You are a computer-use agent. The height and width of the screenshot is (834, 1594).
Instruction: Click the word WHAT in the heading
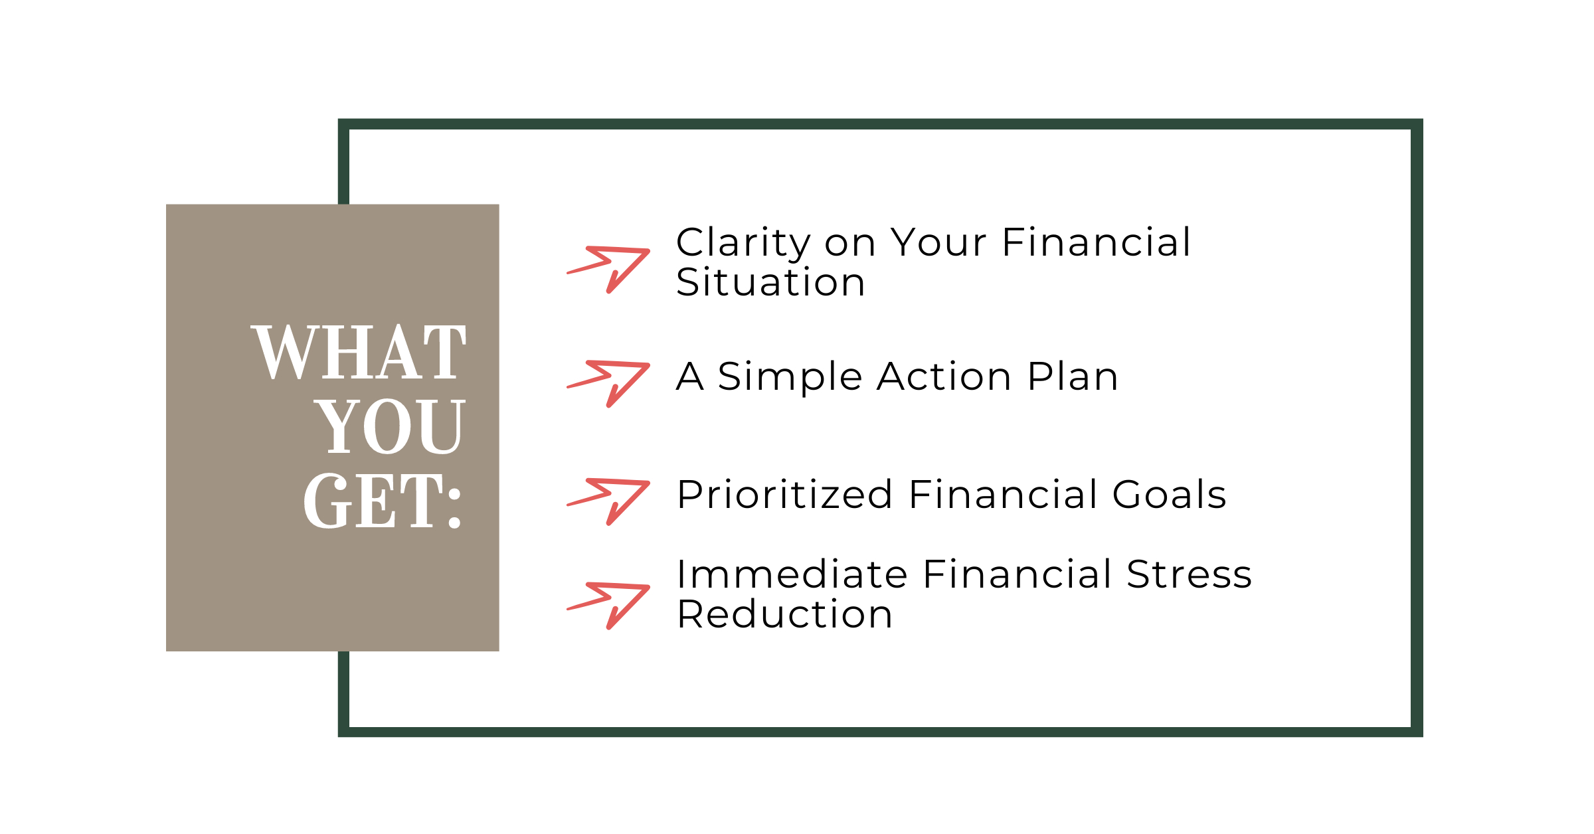point(359,352)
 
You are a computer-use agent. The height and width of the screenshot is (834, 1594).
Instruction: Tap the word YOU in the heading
point(390,426)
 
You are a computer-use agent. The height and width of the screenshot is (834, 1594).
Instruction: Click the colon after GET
point(454,509)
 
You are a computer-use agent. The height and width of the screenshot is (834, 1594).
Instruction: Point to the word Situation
point(771,282)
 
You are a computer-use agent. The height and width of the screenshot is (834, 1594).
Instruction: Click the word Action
point(944,376)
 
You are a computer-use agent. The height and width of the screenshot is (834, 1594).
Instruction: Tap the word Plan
point(1073,376)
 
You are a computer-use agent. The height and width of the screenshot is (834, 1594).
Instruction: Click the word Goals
point(1169,495)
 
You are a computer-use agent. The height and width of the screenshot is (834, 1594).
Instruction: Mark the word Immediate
point(792,574)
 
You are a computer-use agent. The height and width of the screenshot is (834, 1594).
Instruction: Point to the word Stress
point(1189,574)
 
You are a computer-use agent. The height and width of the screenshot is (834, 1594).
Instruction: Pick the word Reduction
point(785,614)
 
